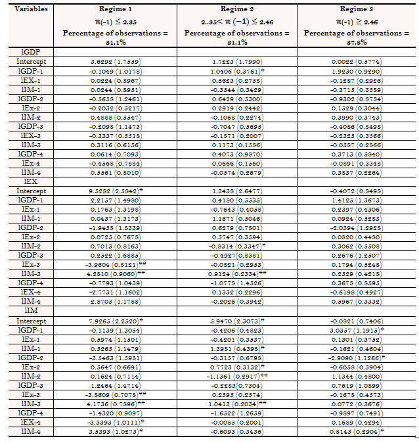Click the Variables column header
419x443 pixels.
26,10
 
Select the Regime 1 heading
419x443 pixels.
115,10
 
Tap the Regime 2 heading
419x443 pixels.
237,10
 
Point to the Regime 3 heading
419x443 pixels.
357,10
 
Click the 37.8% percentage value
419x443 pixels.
357,41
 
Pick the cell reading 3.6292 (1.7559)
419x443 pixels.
116,61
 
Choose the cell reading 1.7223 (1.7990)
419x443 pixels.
237,61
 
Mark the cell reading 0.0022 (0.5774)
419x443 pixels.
357,61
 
